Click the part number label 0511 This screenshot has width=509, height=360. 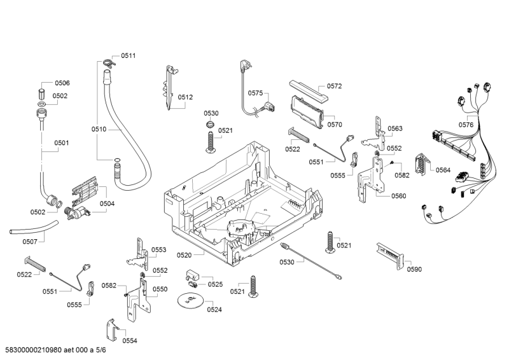[128, 56]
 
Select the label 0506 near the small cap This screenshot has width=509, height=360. [62, 83]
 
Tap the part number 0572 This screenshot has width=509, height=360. [335, 86]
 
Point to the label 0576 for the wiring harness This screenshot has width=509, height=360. [466, 125]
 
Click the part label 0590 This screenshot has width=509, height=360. [414, 269]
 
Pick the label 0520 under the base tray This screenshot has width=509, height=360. [184, 255]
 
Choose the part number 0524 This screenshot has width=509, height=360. [214, 310]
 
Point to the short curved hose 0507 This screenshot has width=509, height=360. [31, 228]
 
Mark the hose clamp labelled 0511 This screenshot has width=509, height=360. [106, 62]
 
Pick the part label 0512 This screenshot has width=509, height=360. [185, 97]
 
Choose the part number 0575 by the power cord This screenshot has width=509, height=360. [255, 93]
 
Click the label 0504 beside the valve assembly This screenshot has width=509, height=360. [107, 204]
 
